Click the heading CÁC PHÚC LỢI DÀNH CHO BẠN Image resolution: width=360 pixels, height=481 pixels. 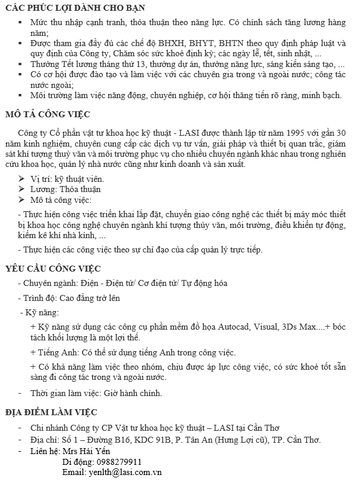click(75, 8)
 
